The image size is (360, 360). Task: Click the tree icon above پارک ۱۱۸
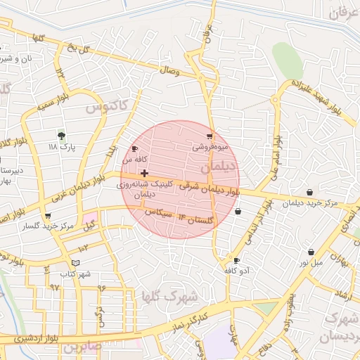pyautogui.click(x=62, y=134)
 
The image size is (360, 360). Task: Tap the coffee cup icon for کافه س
pyautogui.click(x=134, y=149)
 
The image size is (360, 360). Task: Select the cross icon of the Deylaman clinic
pyautogui.click(x=144, y=173)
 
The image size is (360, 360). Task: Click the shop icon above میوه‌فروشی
pyautogui.click(x=209, y=136)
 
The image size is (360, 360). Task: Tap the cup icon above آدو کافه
pyautogui.click(x=236, y=260)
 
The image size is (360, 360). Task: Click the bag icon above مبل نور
pyautogui.click(x=310, y=252)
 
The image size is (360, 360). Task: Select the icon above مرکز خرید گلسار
pyautogui.click(x=48, y=216)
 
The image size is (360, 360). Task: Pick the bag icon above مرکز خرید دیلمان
pyautogui.click(x=310, y=192)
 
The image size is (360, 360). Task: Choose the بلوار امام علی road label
pyautogui.click(x=277, y=141)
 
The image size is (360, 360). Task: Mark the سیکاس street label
pyautogui.click(x=158, y=213)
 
